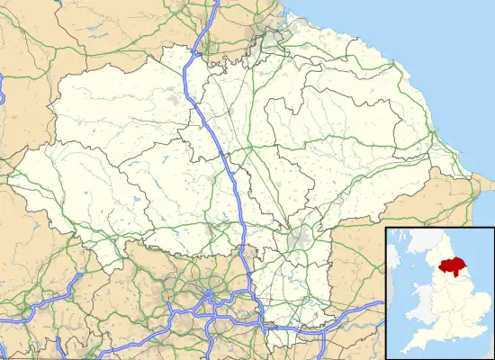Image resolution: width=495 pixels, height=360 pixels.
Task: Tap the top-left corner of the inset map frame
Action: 386,229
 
